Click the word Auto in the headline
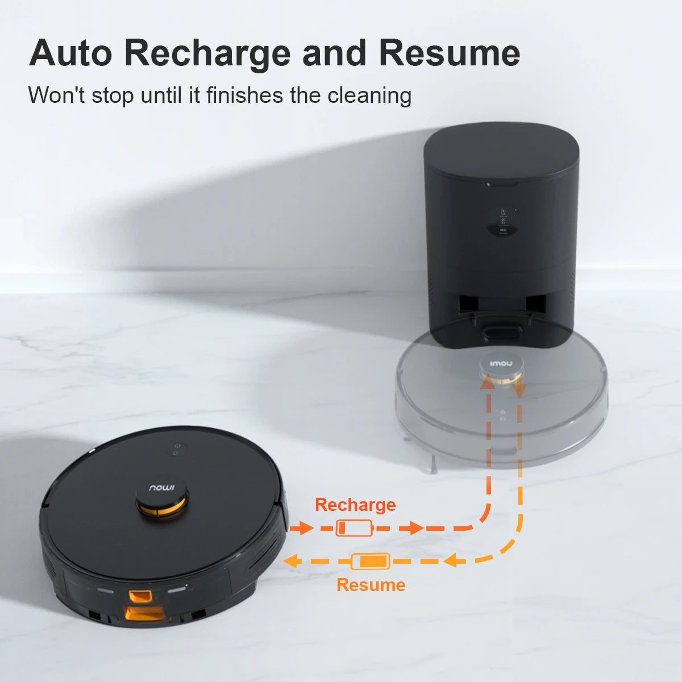(70, 53)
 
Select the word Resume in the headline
(450, 53)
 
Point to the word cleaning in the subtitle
(369, 95)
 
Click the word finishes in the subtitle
(244, 95)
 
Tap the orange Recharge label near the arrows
(355, 505)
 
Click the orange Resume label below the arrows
(371, 585)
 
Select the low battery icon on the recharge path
(354, 529)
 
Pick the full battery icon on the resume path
(371, 562)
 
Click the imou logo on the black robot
(162, 488)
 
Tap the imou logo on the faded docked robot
(501, 364)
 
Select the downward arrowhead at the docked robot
(519, 392)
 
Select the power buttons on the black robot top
(176, 449)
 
